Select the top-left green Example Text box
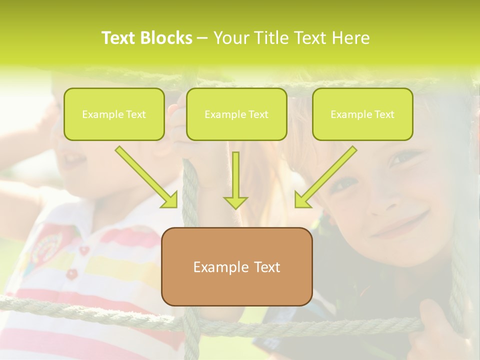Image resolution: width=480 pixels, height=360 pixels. [114, 114]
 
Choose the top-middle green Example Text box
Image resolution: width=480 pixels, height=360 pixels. [236, 114]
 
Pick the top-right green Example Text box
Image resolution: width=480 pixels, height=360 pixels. [362, 114]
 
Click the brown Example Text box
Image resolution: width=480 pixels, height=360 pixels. [236, 266]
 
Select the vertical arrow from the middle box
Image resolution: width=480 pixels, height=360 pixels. [235, 177]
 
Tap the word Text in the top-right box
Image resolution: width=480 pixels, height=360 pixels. [384, 114]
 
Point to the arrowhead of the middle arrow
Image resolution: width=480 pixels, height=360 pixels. [235, 202]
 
